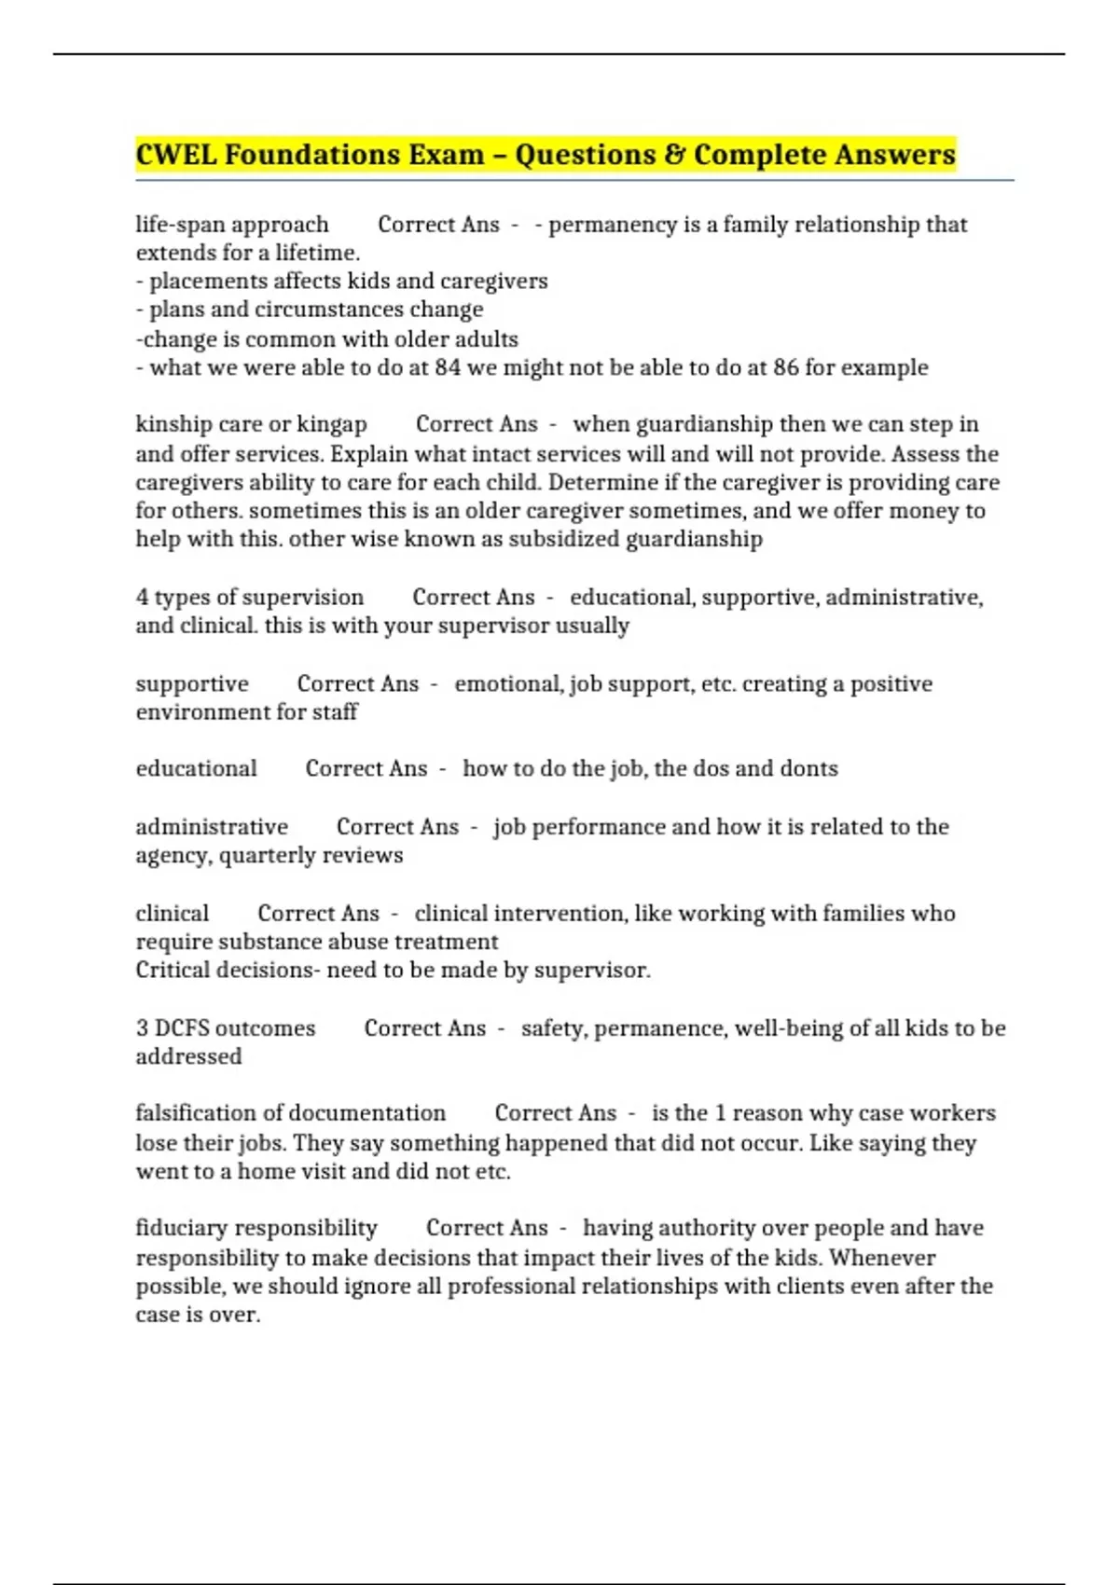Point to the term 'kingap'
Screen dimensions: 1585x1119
pos(332,424)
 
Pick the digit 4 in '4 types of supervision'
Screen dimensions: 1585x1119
pos(142,597)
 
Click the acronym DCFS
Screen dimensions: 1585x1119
pos(182,1027)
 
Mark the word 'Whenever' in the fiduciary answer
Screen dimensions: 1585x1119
pos(882,1257)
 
